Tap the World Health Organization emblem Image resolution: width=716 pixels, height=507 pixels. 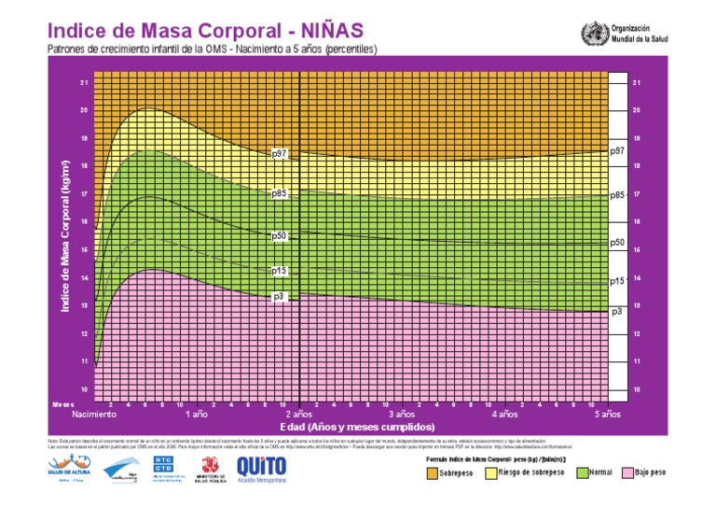(593, 35)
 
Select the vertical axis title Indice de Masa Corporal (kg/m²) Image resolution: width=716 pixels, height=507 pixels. (66, 233)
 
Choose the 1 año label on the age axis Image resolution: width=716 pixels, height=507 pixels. (196, 414)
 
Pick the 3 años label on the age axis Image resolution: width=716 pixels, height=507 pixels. (401, 414)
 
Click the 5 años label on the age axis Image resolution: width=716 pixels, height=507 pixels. (607, 414)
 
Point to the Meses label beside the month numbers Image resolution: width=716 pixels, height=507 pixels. (62, 404)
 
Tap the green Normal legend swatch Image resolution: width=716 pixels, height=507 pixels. (581, 473)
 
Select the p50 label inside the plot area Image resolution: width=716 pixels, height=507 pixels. (279, 236)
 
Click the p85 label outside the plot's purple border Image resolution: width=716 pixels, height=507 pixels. (616, 195)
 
